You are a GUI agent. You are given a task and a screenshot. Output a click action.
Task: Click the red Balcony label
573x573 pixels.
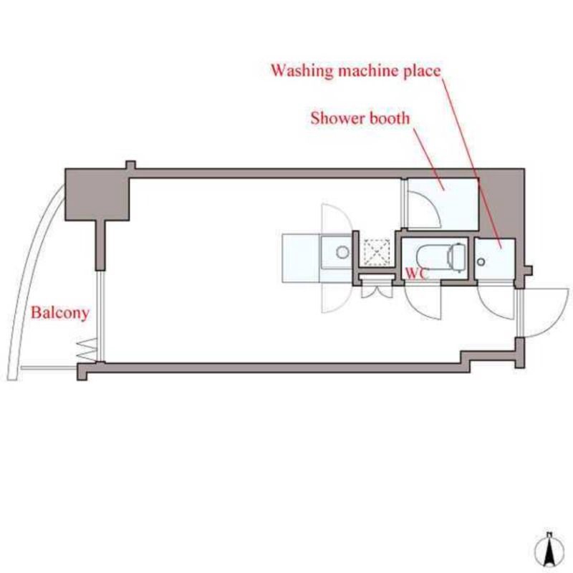[x=60, y=312]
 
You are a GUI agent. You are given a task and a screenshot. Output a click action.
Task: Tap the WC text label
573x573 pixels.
[x=416, y=274]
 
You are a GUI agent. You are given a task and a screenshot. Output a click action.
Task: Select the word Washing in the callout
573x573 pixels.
[x=302, y=70]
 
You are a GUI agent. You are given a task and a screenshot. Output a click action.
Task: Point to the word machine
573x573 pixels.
[x=368, y=70]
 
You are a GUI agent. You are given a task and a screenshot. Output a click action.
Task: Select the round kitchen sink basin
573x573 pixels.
[x=342, y=252]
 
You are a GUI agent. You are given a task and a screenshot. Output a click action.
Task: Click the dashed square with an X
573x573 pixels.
[x=377, y=253]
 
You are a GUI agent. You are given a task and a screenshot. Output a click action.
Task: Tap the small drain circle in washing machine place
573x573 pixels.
[x=481, y=261]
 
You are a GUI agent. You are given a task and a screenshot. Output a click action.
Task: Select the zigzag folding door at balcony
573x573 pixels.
[x=87, y=350]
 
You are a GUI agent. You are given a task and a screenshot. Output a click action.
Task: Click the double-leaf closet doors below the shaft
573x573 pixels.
[x=377, y=289]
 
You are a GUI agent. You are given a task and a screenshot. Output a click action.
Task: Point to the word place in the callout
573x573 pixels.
[x=422, y=71]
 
